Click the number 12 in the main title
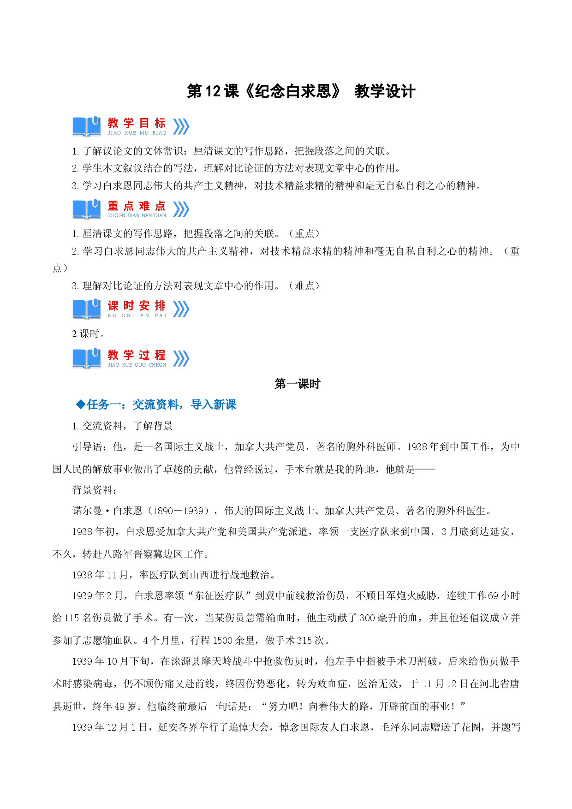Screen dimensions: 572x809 (x=213, y=91)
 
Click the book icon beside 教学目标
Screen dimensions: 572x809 (x=87, y=126)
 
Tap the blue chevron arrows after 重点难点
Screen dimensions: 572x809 (x=181, y=209)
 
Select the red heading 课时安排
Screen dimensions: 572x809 (x=137, y=306)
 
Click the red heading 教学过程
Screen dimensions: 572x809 (x=137, y=355)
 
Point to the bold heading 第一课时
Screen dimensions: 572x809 (x=297, y=384)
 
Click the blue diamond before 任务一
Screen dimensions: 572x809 (x=81, y=404)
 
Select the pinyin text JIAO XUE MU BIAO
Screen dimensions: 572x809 (x=137, y=133)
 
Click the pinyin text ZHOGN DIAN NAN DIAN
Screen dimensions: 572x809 (x=137, y=215)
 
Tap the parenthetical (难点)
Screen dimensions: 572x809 (x=304, y=286)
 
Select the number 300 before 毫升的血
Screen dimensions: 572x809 (x=367, y=618)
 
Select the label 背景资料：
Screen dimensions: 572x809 (x=95, y=490)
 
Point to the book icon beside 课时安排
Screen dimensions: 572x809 (x=87, y=309)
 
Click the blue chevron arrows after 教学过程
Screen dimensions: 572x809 (x=181, y=358)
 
